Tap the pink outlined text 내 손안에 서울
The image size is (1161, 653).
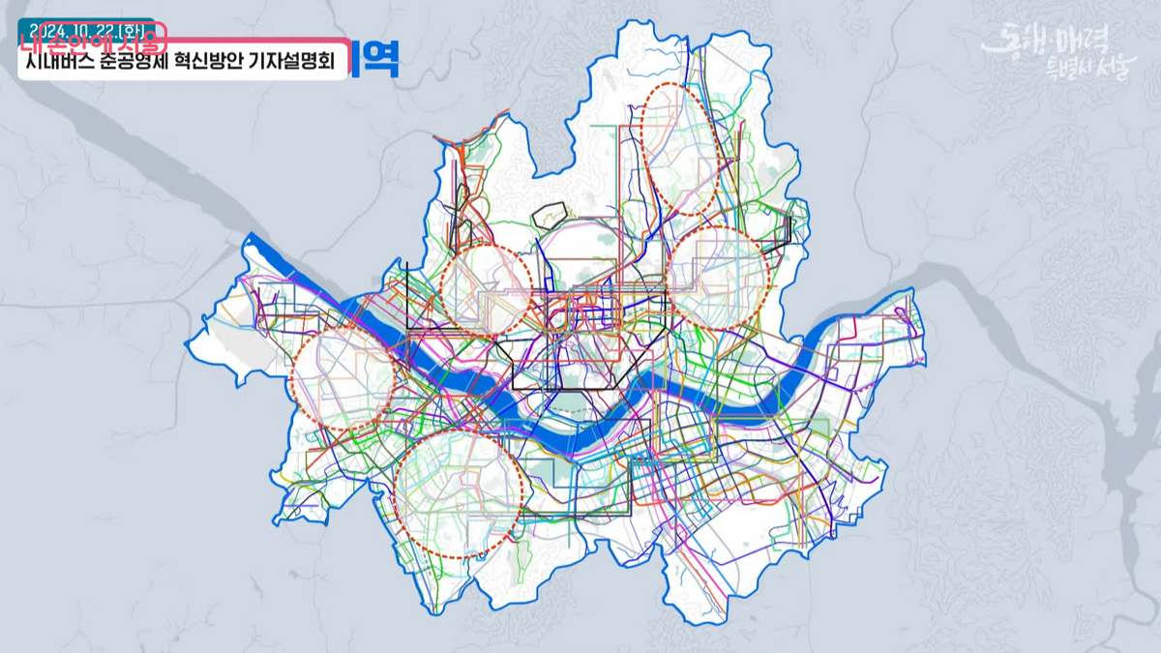(x=92, y=42)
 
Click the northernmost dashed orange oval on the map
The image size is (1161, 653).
(x=680, y=147)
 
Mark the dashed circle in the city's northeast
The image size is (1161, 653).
(x=719, y=278)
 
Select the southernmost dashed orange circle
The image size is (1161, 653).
(x=459, y=494)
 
